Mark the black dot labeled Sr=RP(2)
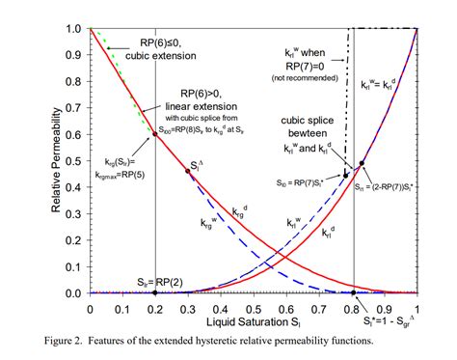click(x=155, y=292)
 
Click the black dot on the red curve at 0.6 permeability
click(x=155, y=134)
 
